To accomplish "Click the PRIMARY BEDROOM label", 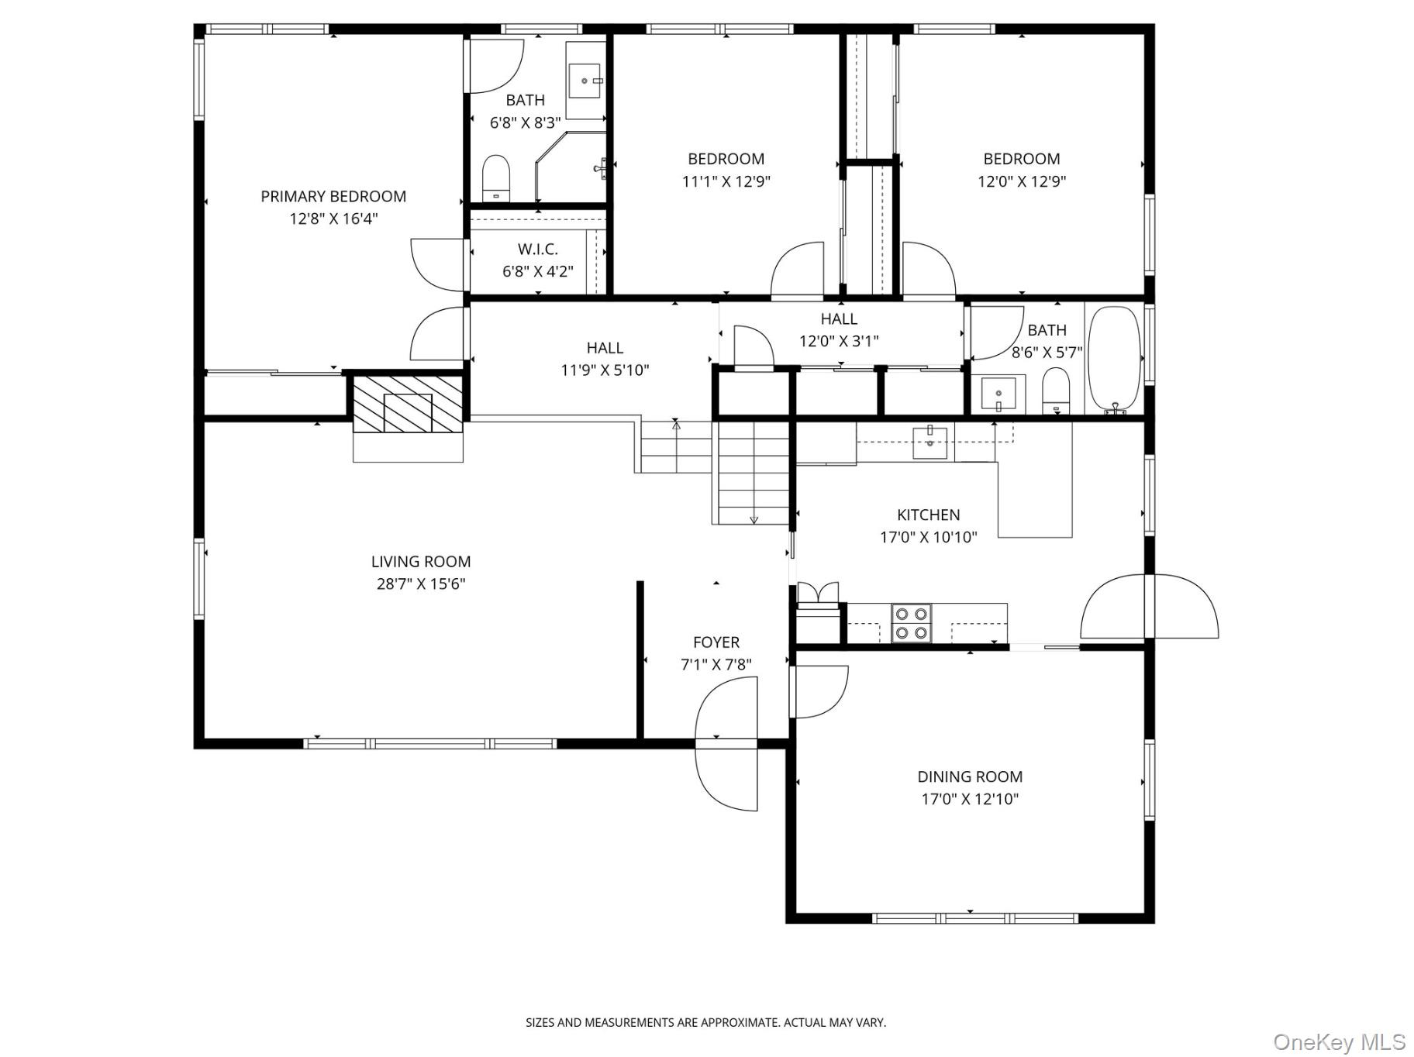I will pos(333,196).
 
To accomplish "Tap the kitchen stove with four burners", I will pos(911,623).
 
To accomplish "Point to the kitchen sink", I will pos(929,442).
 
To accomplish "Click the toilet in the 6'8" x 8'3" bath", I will pos(496,178).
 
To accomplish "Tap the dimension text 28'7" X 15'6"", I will pos(420,584).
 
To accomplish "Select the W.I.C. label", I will pos(537,249).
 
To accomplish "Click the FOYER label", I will pos(716,642).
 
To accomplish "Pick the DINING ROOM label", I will pos(969,776).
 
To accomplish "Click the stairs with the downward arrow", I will pos(752,473).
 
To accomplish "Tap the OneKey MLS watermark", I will pos(1339,1041).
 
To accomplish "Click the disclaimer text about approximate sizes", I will pos(705,1022).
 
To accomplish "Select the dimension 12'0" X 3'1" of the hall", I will pos(839,341).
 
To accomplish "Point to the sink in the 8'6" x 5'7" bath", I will pos(998,394).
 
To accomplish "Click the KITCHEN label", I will pos(928,515).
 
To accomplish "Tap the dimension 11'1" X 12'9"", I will pos(726,181).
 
